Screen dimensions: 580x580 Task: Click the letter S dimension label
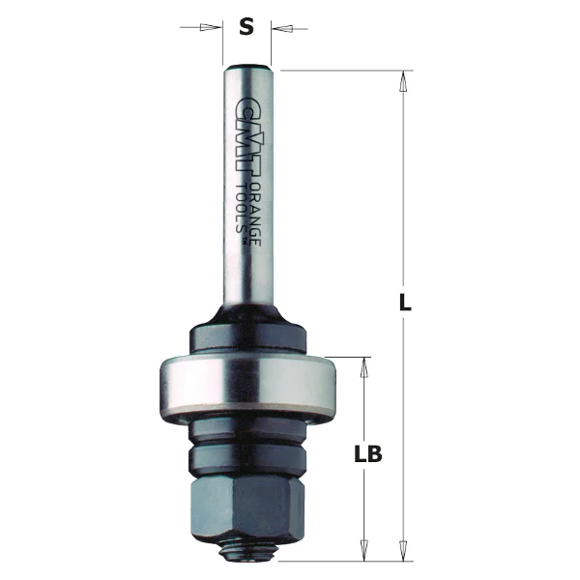(x=246, y=27)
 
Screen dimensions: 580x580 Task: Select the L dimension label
(x=406, y=303)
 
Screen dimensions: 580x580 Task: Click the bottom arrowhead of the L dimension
(x=404, y=551)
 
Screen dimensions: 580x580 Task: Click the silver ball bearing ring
(x=246, y=387)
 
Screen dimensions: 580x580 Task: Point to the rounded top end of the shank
(x=247, y=67)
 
